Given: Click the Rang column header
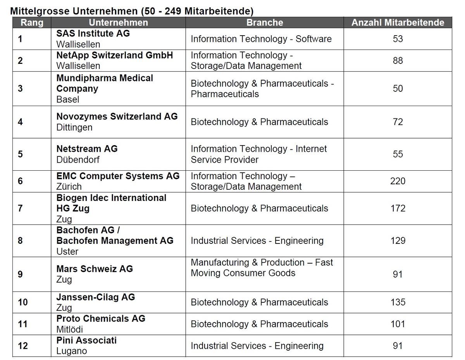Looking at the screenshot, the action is click(x=32, y=23).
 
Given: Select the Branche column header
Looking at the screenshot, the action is click(x=265, y=23).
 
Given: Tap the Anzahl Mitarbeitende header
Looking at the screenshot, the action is click(x=398, y=23).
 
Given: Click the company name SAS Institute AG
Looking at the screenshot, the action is click(x=93, y=33).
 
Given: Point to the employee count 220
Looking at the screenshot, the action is click(x=398, y=181).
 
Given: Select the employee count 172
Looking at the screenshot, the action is click(x=398, y=208).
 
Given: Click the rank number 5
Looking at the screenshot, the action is click(x=20, y=154).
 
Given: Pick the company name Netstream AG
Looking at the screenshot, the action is click(x=87, y=149).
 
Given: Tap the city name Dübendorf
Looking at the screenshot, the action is click(x=78, y=159).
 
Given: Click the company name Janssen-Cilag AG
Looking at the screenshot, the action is click(x=96, y=297).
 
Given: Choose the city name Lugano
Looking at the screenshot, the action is click(x=72, y=351).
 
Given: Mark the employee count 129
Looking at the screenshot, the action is click(x=398, y=240).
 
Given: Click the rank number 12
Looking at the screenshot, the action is click(x=23, y=346).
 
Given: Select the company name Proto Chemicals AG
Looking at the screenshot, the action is click(x=101, y=319).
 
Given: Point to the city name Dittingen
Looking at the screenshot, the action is click(x=74, y=127).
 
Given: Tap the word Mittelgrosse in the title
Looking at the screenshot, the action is click(x=40, y=11).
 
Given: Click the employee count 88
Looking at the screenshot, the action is click(x=398, y=60).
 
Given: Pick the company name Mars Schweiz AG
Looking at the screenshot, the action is click(x=95, y=269).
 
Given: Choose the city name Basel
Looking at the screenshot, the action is click(x=68, y=99).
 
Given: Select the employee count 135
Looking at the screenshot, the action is click(x=398, y=302).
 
